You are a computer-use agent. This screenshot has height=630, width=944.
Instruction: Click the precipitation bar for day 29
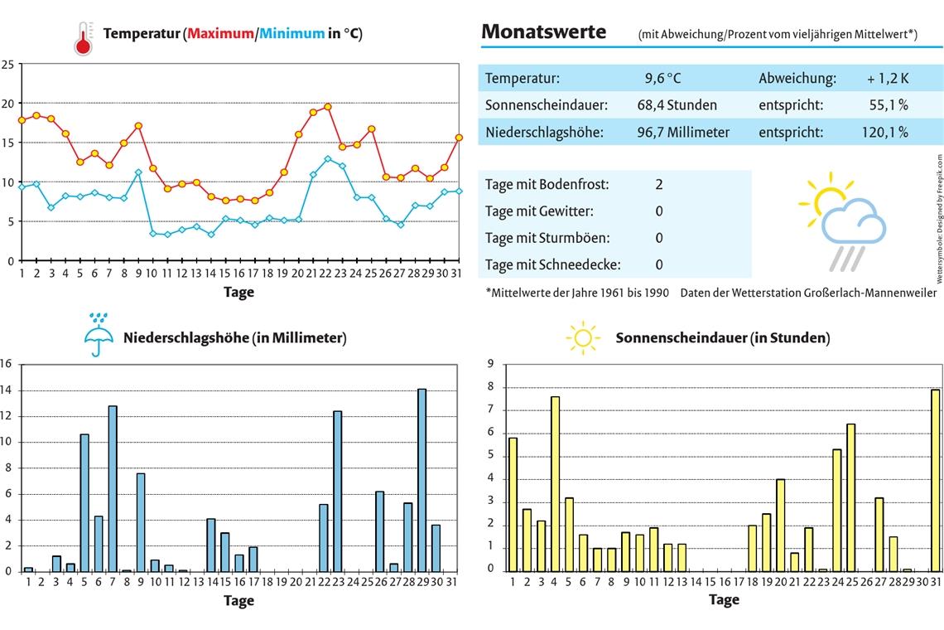click(x=421, y=480)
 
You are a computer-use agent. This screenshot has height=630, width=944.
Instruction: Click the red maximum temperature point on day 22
click(x=328, y=107)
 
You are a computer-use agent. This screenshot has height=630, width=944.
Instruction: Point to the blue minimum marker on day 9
click(x=139, y=172)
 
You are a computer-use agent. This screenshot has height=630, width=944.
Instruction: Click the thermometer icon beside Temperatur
click(x=83, y=38)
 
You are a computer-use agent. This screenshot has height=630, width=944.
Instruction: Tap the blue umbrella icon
click(x=97, y=335)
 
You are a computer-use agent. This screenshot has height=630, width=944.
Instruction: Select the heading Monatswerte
click(x=543, y=32)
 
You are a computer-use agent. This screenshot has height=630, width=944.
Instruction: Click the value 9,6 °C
click(x=662, y=79)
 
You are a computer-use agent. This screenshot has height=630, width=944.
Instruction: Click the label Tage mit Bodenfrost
click(x=547, y=184)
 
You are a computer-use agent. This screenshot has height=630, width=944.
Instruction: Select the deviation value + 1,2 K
click(x=888, y=79)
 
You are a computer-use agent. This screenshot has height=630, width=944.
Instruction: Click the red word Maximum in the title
click(x=220, y=34)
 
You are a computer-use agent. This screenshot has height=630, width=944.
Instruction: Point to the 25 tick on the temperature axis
click(x=7, y=64)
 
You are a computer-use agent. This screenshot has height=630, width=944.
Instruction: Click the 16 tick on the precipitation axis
click(x=6, y=364)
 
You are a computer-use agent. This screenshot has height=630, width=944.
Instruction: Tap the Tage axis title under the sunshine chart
click(x=723, y=599)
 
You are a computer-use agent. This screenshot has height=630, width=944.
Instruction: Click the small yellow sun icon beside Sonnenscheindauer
click(x=582, y=337)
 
